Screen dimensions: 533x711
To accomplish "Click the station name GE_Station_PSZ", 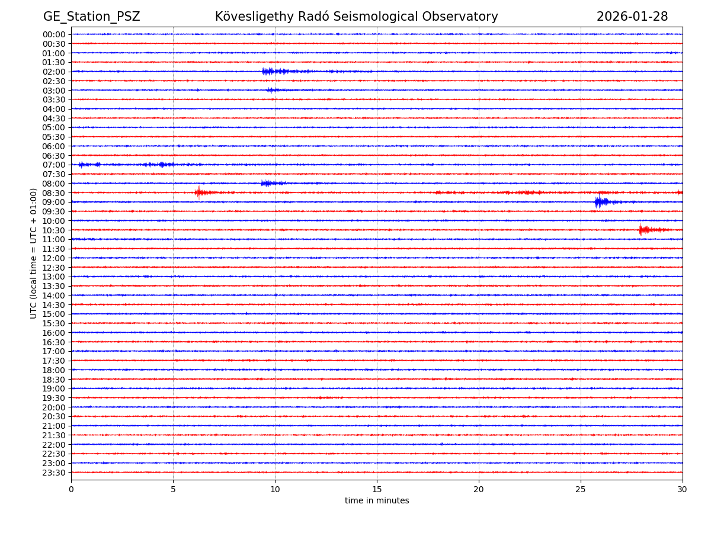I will point(91,17).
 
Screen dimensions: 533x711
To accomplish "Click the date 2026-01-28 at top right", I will point(632,17).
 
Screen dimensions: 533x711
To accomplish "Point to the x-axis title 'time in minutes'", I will point(377,501).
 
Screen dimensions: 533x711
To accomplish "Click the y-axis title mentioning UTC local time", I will point(34,253).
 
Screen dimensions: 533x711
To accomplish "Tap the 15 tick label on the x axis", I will point(377,490).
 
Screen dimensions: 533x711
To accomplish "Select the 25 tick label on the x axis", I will point(581,490).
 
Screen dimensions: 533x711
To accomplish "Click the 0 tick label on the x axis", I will point(71,490).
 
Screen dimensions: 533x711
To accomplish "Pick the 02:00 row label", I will point(54,72).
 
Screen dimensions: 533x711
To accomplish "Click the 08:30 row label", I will point(54,193).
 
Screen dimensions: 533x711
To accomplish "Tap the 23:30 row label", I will point(54,473).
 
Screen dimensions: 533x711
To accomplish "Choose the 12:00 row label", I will point(54,258).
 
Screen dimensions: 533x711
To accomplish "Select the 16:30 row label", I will point(54,342).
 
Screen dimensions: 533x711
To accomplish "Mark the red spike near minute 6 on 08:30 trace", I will point(199,192).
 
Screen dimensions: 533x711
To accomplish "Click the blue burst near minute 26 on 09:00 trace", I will point(600,202).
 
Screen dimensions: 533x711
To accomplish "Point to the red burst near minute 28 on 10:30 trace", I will point(642,230).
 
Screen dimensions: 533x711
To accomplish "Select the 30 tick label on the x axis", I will point(683,490).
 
